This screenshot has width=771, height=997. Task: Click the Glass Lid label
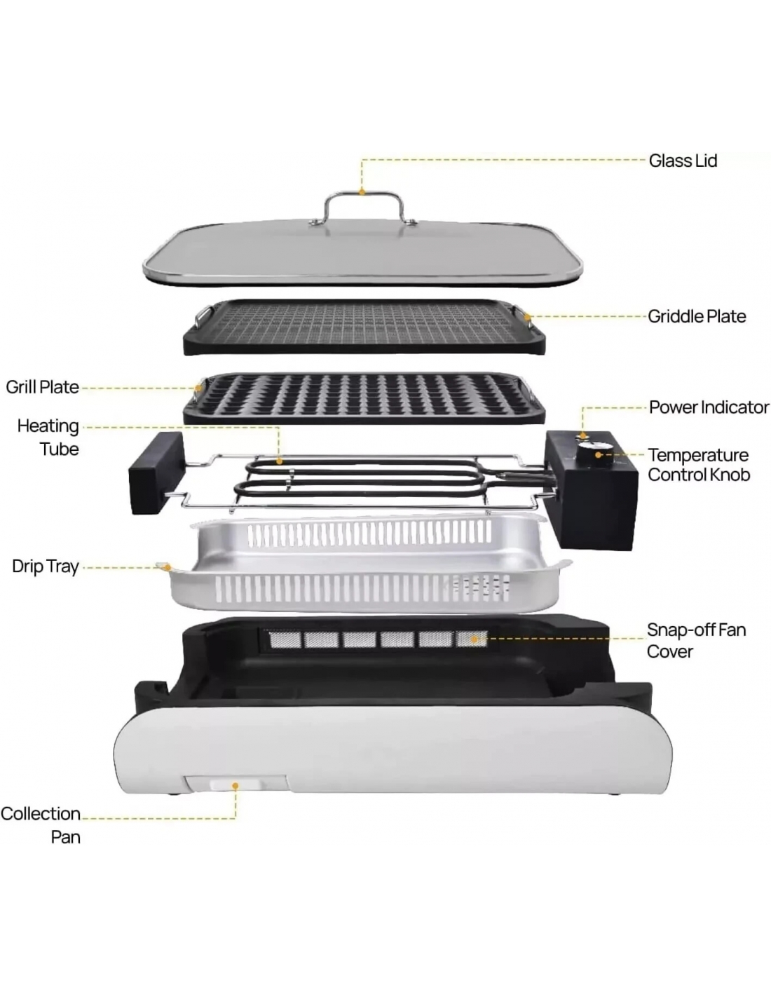click(x=683, y=161)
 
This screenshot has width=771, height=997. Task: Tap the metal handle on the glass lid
click(x=362, y=195)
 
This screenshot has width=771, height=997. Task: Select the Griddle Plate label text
click(x=696, y=316)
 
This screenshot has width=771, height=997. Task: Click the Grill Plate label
click(x=42, y=387)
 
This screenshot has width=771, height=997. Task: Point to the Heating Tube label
click(x=48, y=438)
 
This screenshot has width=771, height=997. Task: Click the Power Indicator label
click(x=709, y=407)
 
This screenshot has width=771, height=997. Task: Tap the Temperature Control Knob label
click(x=699, y=464)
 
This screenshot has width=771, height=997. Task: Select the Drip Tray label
click(x=46, y=567)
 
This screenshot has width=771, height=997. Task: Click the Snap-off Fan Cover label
click(x=696, y=640)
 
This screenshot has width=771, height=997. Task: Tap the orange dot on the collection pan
click(x=236, y=786)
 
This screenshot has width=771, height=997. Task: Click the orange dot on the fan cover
click(x=472, y=638)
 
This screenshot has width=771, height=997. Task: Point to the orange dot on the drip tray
click(x=168, y=567)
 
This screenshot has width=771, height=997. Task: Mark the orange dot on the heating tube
click(x=280, y=461)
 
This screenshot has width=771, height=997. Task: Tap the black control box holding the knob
click(x=591, y=490)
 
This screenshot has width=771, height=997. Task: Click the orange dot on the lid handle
click(x=362, y=192)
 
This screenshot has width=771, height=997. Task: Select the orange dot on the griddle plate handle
click(x=528, y=317)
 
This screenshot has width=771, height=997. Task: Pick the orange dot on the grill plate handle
click(x=198, y=388)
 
